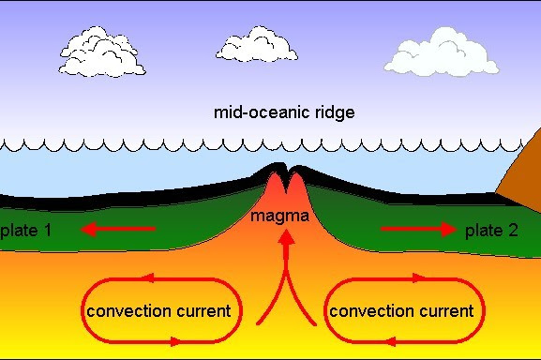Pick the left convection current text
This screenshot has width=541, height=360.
(x=158, y=310)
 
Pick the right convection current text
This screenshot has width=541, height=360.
(x=399, y=310)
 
